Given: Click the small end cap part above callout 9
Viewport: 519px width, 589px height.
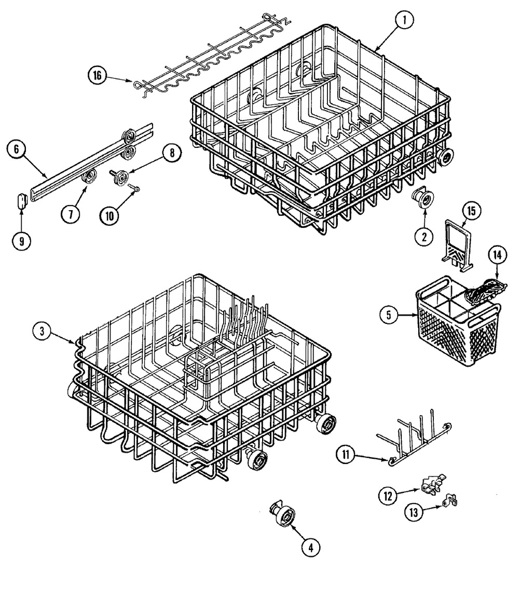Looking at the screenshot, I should click(22, 201).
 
